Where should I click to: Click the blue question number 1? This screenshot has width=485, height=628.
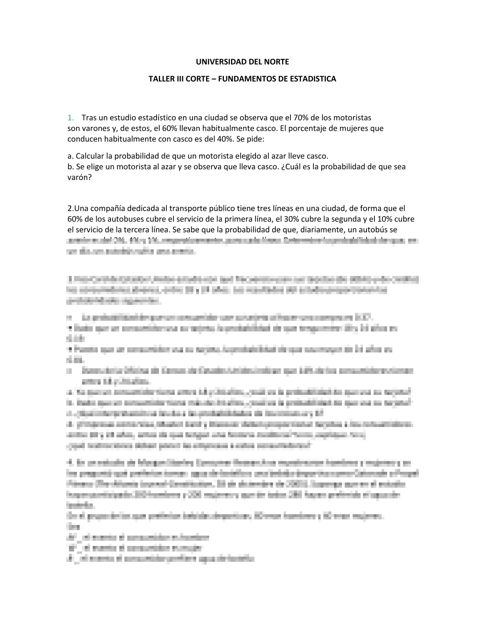point(70,118)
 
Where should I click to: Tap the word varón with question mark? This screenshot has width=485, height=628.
point(79,178)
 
